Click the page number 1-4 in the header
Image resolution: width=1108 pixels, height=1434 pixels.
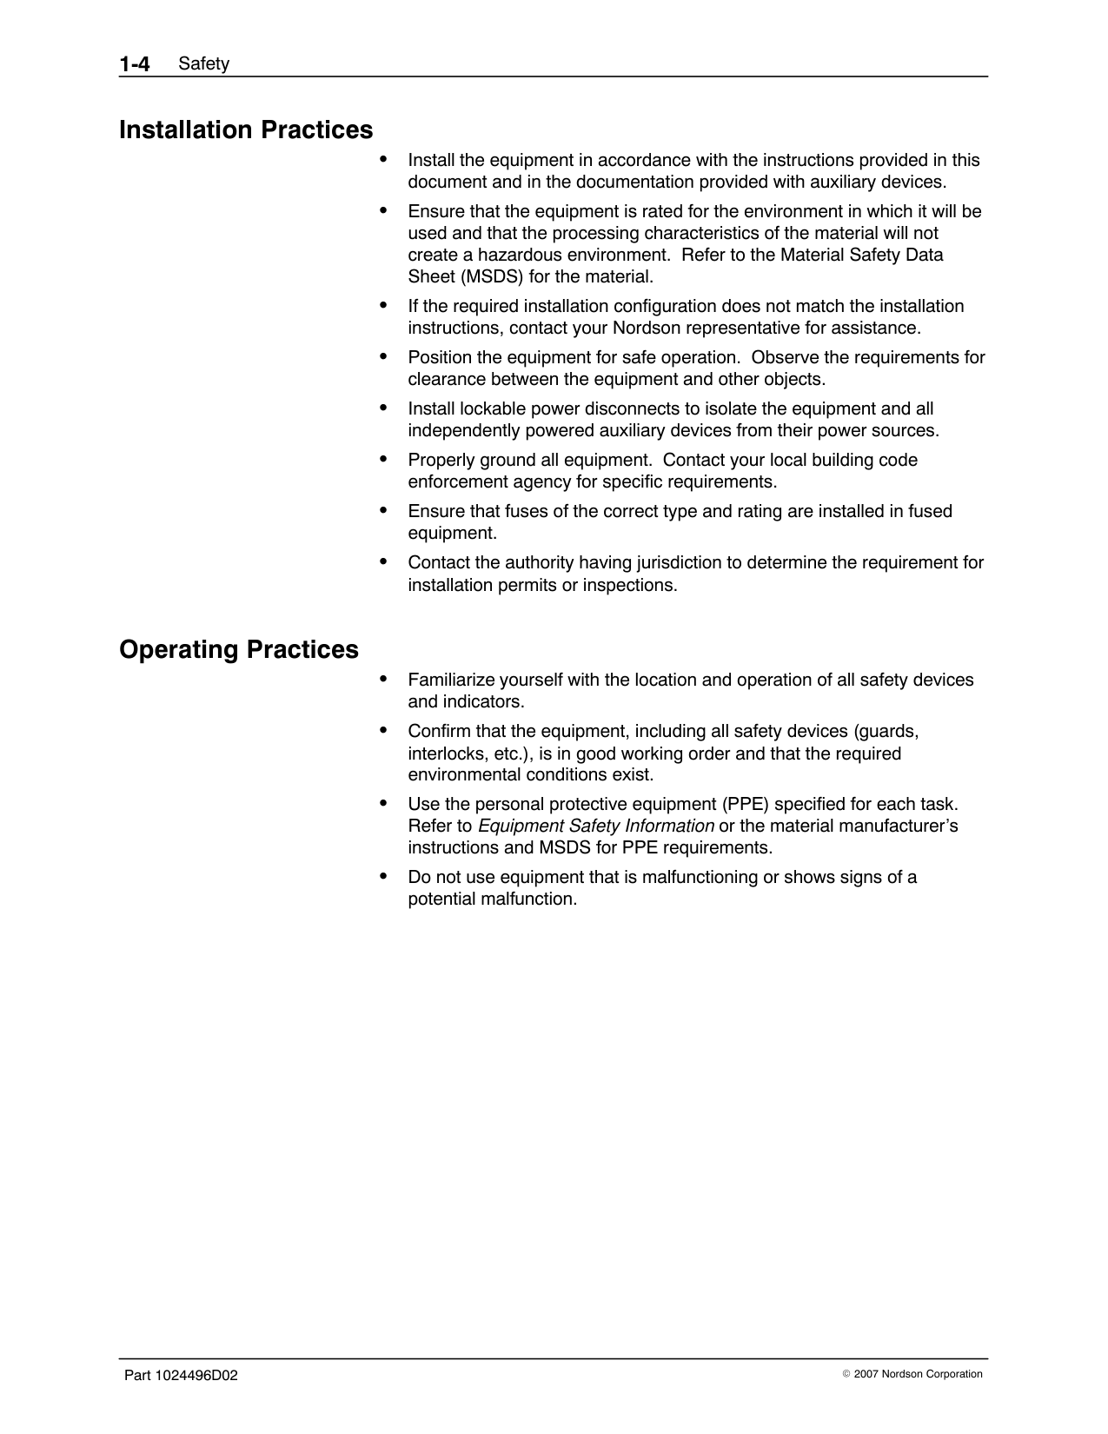tap(135, 63)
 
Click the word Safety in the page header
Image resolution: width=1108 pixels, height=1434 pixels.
tap(203, 63)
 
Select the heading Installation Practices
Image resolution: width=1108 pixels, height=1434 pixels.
tap(246, 130)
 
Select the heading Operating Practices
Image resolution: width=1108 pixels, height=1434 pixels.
tap(239, 650)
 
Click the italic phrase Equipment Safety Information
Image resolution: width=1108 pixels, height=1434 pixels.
tap(596, 826)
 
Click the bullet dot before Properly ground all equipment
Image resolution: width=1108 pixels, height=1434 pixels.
tap(383, 458)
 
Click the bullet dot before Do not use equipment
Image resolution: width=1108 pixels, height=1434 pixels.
tap(383, 875)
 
